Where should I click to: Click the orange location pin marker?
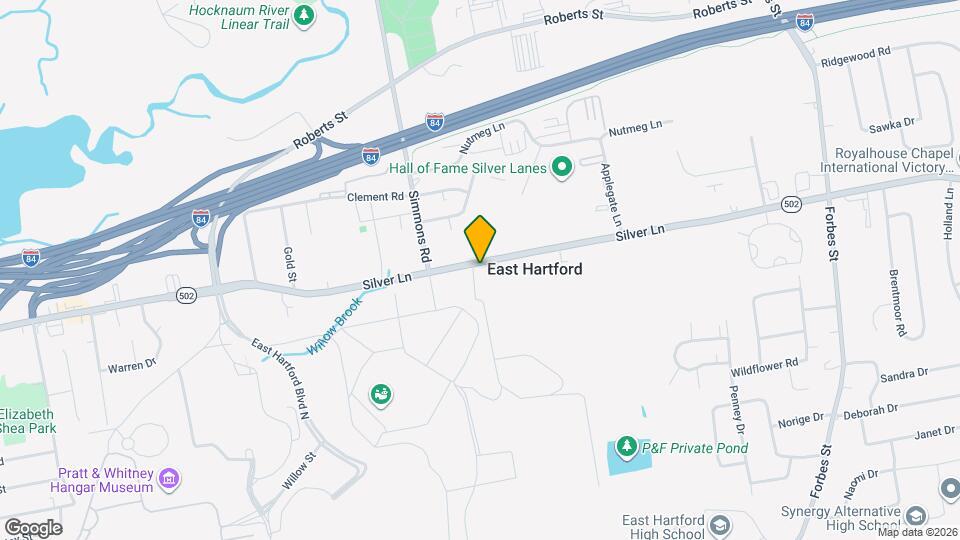pyautogui.click(x=481, y=238)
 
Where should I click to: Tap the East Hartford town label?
pyautogui.click(x=534, y=269)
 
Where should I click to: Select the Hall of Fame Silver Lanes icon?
pyautogui.click(x=562, y=167)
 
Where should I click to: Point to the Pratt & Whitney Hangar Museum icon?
pyautogui.click(x=169, y=480)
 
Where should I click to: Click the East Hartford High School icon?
pyautogui.click(x=719, y=524)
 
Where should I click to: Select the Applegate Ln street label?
pyautogui.click(x=611, y=194)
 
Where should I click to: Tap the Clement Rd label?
pyautogui.click(x=374, y=197)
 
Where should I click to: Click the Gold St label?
pyautogui.click(x=288, y=265)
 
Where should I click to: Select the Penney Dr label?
pyautogui.click(x=738, y=410)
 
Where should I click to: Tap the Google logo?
pyautogui.click(x=33, y=527)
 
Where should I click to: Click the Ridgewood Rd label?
pyautogui.click(x=855, y=53)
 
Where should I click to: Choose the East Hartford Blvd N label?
pyautogui.click(x=285, y=374)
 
